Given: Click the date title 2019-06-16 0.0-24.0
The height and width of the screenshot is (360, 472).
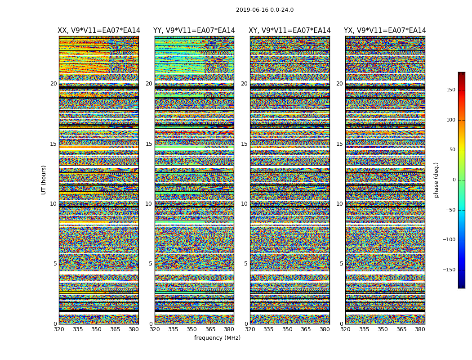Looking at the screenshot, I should coord(265,10).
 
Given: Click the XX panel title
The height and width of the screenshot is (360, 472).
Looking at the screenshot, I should coord(99,31).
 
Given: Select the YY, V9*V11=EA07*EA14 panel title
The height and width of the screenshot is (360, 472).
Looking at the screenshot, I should coord(194,31).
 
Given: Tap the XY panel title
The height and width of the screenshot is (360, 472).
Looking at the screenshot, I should coord(290,31).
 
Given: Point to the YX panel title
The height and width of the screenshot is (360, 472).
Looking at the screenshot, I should coord(385,31).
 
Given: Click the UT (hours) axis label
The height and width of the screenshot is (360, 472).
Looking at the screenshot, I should coord(44,180).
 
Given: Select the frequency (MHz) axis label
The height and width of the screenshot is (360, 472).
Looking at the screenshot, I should coord(217,338).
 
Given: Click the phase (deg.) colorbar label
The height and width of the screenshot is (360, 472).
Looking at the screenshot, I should coord(436,180).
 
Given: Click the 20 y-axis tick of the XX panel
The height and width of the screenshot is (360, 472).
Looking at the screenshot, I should coord(53,84).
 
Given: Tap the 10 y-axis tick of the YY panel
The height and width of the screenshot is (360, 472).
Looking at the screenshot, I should coord(149,204).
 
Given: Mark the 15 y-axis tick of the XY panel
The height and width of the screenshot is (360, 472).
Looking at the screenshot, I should coord(244,144).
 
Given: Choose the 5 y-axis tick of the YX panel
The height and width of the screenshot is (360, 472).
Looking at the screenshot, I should coord(341,264).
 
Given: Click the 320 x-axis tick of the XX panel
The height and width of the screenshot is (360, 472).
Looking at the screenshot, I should coord(59,329).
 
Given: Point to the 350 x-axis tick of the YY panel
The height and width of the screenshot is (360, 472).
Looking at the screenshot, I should coord(192,329).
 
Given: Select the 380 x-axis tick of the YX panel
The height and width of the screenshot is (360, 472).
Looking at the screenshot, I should coord(420,329).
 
